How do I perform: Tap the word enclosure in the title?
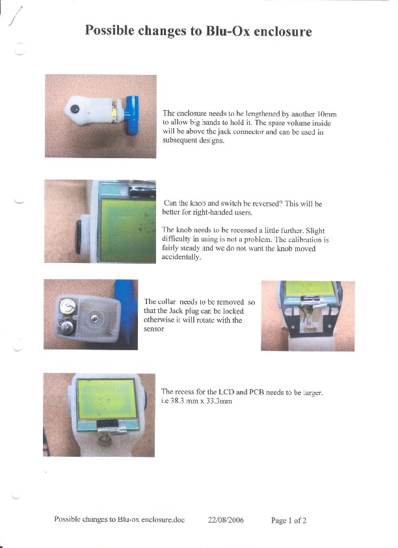click(x=283, y=31)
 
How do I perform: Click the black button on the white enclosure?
click(x=74, y=109)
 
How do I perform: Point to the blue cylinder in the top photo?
click(x=132, y=115)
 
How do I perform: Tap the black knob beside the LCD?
click(x=78, y=238)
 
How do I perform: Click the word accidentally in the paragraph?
click(x=181, y=257)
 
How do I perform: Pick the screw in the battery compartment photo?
click(x=94, y=318)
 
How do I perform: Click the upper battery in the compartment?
click(x=67, y=306)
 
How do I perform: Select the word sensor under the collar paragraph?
click(x=154, y=329)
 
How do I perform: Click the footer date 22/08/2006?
click(x=226, y=520)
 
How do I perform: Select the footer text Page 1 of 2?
click(x=289, y=521)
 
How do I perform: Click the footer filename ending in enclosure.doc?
click(x=120, y=519)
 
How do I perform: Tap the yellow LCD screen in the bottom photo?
click(x=106, y=399)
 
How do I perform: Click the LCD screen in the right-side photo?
click(x=309, y=288)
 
